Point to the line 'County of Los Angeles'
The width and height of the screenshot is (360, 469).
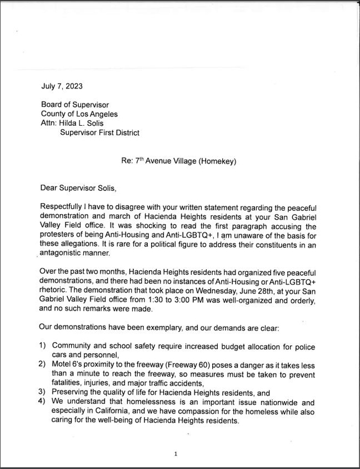(79, 114)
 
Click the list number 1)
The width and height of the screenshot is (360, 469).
(42, 346)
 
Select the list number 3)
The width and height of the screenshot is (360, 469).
(42, 392)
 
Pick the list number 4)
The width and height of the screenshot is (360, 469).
(42, 402)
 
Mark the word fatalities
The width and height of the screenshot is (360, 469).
(68, 383)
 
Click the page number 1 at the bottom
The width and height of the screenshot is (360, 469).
(175, 454)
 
